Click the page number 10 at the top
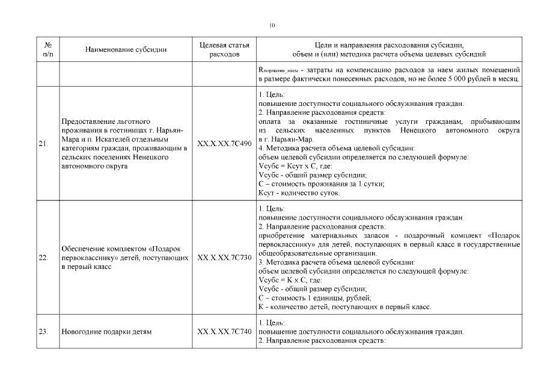point(272,25)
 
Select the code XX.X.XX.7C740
point(224,331)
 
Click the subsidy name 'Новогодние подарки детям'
point(106,331)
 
